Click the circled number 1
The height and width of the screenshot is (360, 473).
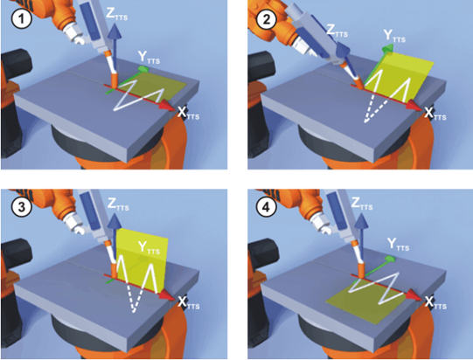tap(21, 19)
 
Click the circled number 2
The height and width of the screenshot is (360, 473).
tap(267, 19)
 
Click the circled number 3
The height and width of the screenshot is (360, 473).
tap(21, 207)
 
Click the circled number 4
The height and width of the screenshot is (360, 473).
tap(267, 207)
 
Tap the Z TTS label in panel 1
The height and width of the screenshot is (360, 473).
tap(117, 14)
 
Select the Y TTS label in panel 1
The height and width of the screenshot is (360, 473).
tap(149, 58)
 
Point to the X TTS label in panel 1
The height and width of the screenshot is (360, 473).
tap(189, 114)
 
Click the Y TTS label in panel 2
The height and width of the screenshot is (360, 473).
tap(394, 36)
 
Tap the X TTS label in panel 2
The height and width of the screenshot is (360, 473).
tap(435, 114)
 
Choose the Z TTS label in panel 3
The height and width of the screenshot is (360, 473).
tap(118, 204)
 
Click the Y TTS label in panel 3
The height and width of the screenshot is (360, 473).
tap(149, 247)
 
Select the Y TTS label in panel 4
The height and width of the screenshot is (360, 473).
tap(398, 244)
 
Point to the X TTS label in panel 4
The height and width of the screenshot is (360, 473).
tap(435, 302)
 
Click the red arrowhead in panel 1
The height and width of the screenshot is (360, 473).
tap(166, 106)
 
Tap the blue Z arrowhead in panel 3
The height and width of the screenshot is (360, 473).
tap(115, 222)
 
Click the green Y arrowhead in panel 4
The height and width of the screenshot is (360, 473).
tap(389, 259)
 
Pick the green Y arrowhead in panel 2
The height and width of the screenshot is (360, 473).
tap(388, 47)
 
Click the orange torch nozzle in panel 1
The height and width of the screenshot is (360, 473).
tap(115, 80)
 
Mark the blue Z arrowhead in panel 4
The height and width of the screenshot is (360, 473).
tap(361, 218)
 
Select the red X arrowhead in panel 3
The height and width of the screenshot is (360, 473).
tap(167, 295)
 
